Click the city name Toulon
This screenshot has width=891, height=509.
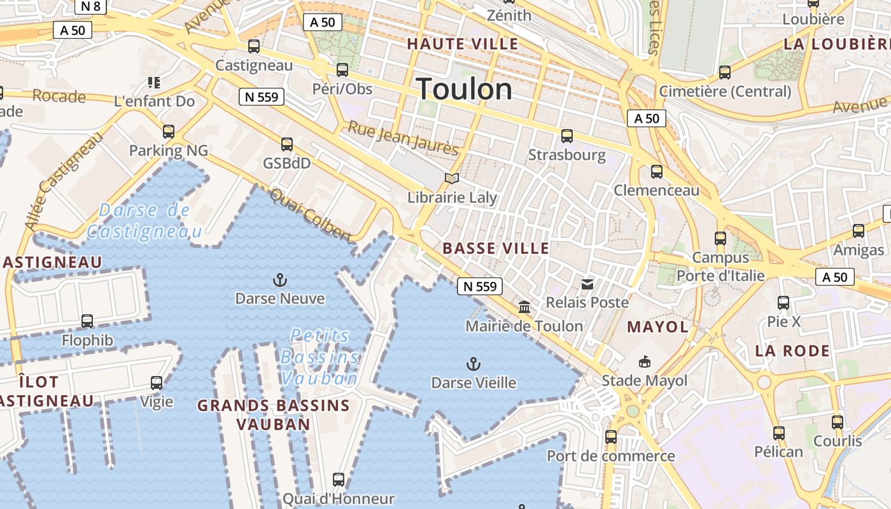pyautogui.click(x=464, y=89)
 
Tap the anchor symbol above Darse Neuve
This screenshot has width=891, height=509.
pyautogui.click(x=279, y=280)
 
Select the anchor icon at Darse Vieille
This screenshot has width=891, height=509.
pyautogui.click(x=473, y=364)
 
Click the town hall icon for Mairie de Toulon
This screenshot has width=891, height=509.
pyautogui.click(x=524, y=308)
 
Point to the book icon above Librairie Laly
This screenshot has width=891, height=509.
pyautogui.click(x=452, y=178)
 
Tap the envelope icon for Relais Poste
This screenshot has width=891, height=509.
pyautogui.click(x=587, y=284)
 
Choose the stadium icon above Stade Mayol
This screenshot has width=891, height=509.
pyautogui.click(x=645, y=362)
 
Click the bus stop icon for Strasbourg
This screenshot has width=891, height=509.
pyautogui.click(x=566, y=136)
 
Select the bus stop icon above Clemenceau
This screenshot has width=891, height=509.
pyautogui.click(x=656, y=172)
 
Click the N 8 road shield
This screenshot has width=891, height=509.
pyautogui.click(x=90, y=6)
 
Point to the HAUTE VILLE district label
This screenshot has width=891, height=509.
pyautogui.click(x=463, y=44)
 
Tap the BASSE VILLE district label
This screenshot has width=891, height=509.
pyautogui.click(x=496, y=248)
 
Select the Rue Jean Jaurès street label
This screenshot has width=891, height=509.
pyautogui.click(x=403, y=138)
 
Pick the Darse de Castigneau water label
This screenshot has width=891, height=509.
pyautogui.click(x=144, y=220)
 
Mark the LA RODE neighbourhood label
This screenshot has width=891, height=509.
pyautogui.click(x=792, y=351)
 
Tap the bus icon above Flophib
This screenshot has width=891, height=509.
pyautogui.click(x=87, y=321)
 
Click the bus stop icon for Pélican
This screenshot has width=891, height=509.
pyautogui.click(x=778, y=433)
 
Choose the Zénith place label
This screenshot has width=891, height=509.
pyautogui.click(x=509, y=15)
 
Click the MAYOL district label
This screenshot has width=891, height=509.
pyautogui.click(x=657, y=327)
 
